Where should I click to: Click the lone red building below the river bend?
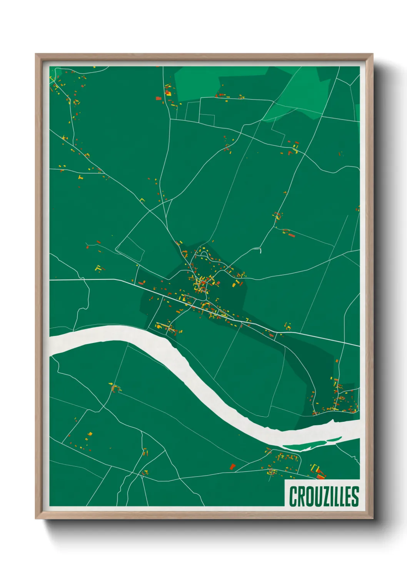pos(232,466)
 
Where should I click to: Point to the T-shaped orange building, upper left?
pos(80,177)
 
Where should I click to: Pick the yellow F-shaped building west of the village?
pos(98,268)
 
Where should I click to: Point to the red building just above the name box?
pos(320,476)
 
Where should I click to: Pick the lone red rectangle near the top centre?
pos(158,98)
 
